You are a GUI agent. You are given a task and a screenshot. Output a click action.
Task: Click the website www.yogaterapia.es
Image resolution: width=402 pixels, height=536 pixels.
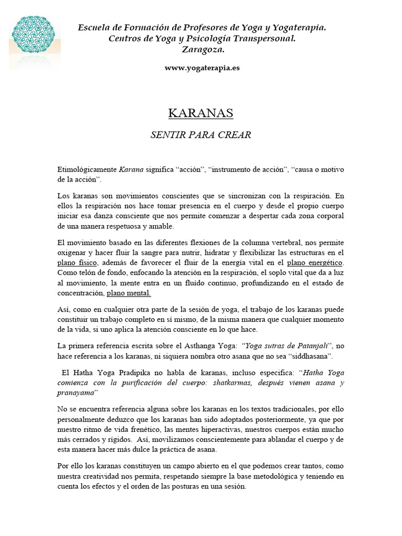click(202, 68)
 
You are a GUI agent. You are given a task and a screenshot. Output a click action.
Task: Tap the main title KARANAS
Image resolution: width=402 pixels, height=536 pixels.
click(200, 113)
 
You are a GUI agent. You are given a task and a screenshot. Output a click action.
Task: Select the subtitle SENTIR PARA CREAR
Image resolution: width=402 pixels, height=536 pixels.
click(200, 135)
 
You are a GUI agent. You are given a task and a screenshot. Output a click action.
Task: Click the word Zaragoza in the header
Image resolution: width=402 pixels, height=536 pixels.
click(203, 50)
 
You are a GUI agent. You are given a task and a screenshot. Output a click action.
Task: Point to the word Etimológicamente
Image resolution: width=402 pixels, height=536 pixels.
click(87, 170)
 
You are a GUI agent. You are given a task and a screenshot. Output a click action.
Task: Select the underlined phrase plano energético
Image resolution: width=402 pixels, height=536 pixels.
click(315, 263)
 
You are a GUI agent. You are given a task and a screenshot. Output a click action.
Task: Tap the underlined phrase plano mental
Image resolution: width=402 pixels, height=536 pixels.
click(128, 293)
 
